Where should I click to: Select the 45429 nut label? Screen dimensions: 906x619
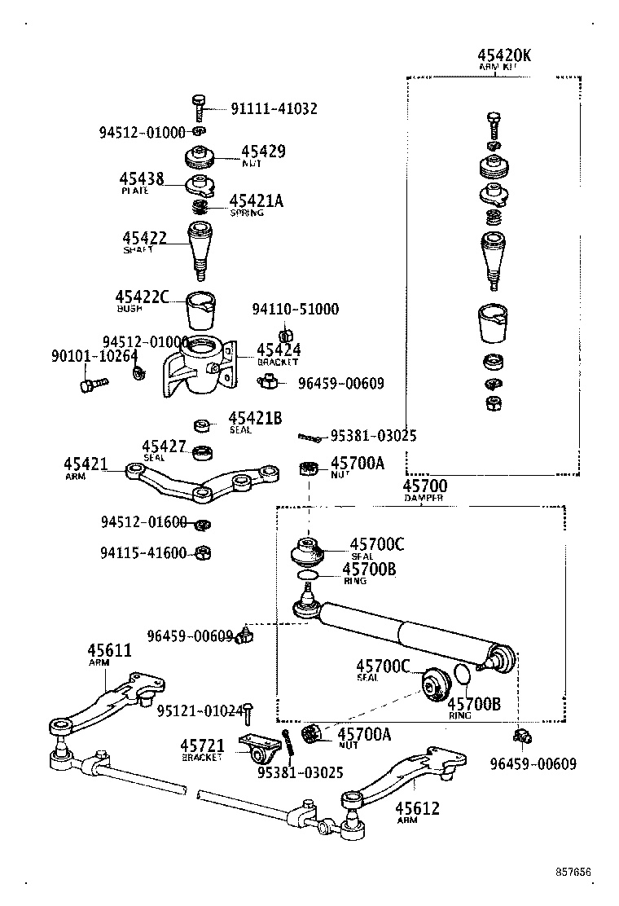263,152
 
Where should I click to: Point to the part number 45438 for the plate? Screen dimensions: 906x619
142,179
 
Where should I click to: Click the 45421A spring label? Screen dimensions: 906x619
256,201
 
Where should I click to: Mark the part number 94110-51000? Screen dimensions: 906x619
295,310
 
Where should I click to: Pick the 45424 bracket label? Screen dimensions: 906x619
279,350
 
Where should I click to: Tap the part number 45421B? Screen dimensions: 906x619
255,419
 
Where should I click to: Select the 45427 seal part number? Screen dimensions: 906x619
165,446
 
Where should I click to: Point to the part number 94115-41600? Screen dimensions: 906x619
143,553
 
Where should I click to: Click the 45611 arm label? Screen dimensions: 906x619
109,651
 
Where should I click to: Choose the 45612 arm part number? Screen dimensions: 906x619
417,808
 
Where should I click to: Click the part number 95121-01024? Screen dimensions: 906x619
199,711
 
